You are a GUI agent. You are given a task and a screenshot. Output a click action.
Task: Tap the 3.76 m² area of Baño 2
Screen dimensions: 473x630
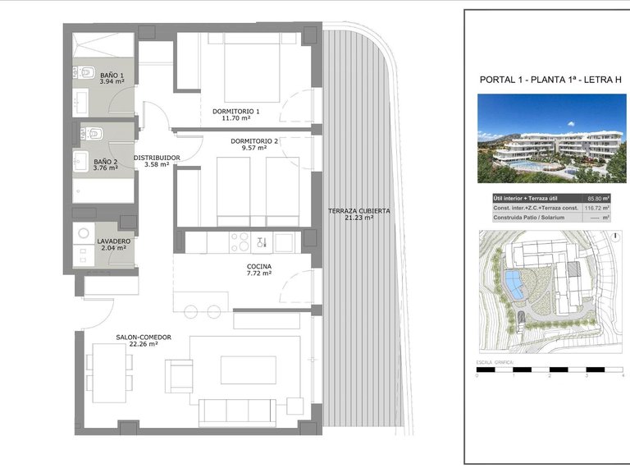[x=105, y=168]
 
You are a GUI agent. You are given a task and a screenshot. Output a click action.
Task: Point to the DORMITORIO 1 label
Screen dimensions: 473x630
[x=235, y=111]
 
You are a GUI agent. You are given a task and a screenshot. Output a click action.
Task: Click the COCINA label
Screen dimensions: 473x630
[x=258, y=267]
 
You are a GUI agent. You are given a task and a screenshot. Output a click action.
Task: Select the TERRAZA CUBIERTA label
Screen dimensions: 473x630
[x=358, y=211]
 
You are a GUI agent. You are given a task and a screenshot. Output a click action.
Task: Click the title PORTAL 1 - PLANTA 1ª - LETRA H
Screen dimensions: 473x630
[x=540, y=80]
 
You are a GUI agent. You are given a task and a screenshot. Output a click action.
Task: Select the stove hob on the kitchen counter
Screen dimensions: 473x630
[x=240, y=241]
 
